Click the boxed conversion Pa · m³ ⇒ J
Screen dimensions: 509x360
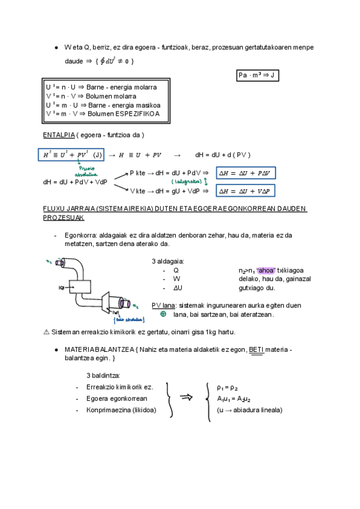[x=257, y=75]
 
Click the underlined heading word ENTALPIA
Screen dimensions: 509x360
[x=59, y=134]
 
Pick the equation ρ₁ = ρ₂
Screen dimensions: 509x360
[x=227, y=388]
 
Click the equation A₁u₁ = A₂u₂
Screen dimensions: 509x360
[x=233, y=399]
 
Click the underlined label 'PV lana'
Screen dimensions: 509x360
[x=163, y=306]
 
